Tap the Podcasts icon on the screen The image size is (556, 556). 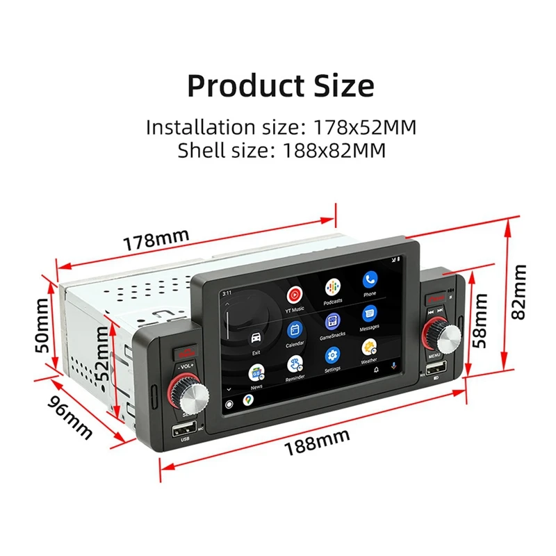tap(332, 286)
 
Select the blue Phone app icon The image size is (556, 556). tap(369, 279)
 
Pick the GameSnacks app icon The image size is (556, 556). tap(332, 322)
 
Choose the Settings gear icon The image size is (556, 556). tap(332, 357)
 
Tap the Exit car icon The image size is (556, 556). tap(256, 338)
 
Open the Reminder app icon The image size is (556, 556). tap(295, 364)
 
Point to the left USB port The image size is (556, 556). tap(185, 428)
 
